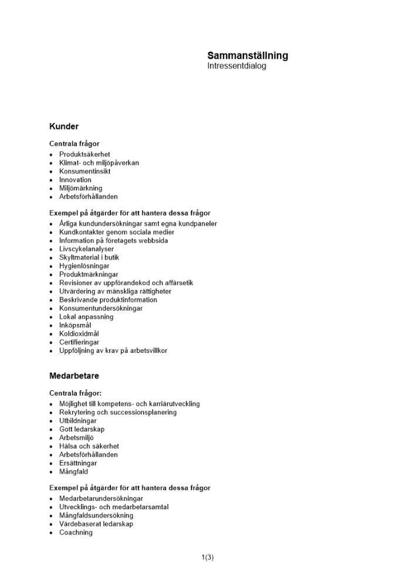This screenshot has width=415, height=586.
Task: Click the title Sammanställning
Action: click(x=247, y=56)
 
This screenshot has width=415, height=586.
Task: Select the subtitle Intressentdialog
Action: click(x=237, y=66)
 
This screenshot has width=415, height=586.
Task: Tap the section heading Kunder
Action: click(x=64, y=127)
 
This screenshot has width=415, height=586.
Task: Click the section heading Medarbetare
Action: click(x=74, y=376)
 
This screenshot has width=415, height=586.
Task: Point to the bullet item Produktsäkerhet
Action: click(x=85, y=155)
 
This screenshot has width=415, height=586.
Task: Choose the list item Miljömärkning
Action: click(x=80, y=188)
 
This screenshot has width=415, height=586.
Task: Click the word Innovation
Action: click(x=75, y=180)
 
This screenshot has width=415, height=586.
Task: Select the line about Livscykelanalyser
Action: click(x=86, y=249)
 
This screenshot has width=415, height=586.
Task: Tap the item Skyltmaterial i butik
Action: click(x=89, y=257)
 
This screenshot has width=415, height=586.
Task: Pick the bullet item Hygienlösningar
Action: click(x=84, y=266)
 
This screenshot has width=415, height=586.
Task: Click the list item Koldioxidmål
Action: click(x=79, y=334)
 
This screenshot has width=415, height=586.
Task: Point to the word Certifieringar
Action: click(x=79, y=342)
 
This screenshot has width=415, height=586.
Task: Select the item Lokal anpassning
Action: click(x=86, y=317)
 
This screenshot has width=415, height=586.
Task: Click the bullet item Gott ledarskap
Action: click(x=82, y=430)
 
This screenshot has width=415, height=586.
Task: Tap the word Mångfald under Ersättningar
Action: click(x=74, y=472)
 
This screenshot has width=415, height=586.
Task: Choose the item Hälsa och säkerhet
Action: click(x=89, y=447)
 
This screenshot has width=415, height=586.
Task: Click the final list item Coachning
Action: click(x=76, y=533)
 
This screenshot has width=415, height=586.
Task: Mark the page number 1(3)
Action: click(x=207, y=557)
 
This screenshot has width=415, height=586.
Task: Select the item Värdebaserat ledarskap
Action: click(x=96, y=524)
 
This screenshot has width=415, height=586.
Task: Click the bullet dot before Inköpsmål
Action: click(x=52, y=326)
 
